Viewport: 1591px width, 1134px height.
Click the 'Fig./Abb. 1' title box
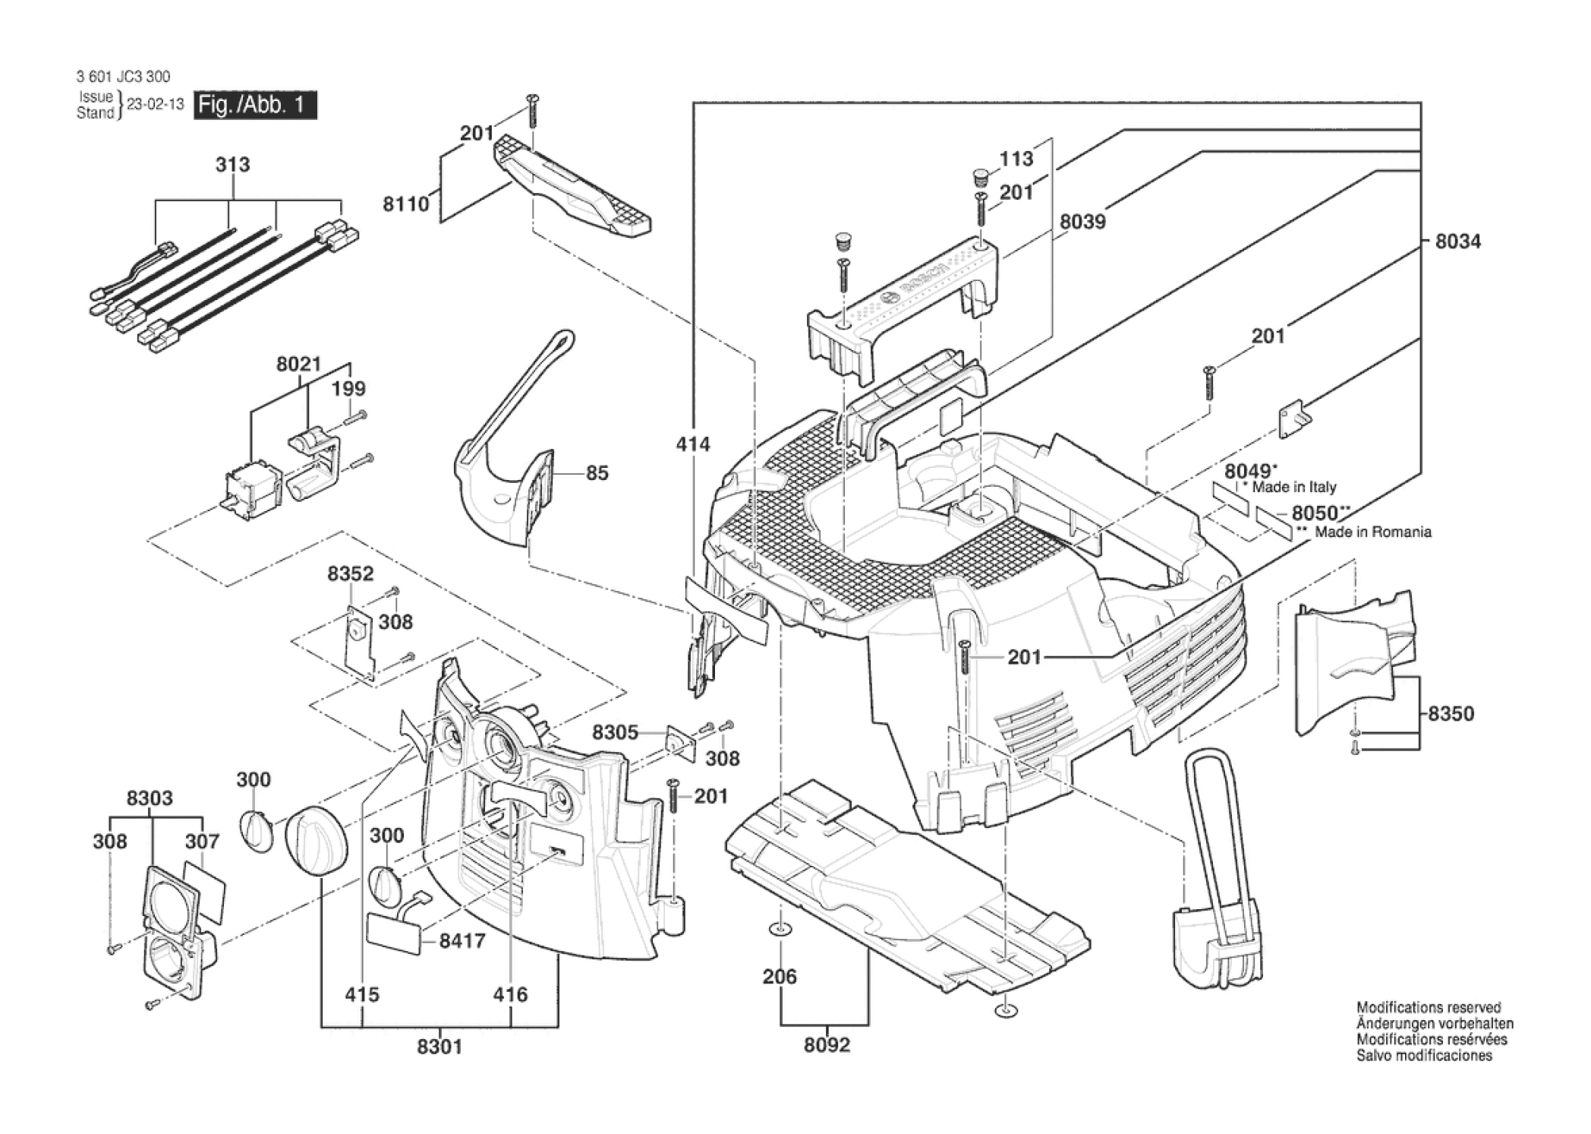click(x=255, y=105)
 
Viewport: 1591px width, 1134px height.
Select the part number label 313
click(x=232, y=164)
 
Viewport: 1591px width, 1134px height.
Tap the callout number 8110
click(x=406, y=204)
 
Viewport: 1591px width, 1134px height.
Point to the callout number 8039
click(x=1082, y=222)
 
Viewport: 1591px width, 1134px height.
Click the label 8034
click(x=1457, y=242)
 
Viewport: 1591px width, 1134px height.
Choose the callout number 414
click(x=693, y=444)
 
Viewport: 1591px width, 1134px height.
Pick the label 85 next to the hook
click(x=597, y=473)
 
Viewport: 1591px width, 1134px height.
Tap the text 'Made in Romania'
click(x=1373, y=532)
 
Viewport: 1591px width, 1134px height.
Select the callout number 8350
click(x=1451, y=713)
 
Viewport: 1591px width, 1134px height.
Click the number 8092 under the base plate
click(x=827, y=1045)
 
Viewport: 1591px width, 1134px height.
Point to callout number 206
click(x=780, y=977)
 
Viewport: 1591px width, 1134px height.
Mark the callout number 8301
click(x=439, y=1047)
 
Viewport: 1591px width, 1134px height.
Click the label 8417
click(x=462, y=941)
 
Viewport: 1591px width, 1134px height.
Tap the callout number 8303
click(x=150, y=798)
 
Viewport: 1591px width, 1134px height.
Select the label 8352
click(x=351, y=574)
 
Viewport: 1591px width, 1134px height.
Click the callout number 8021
click(x=298, y=365)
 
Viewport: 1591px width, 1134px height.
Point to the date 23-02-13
click(x=156, y=105)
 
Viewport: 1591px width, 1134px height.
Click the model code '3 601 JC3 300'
click(x=123, y=76)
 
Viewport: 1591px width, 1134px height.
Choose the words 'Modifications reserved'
click(x=1429, y=1007)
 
